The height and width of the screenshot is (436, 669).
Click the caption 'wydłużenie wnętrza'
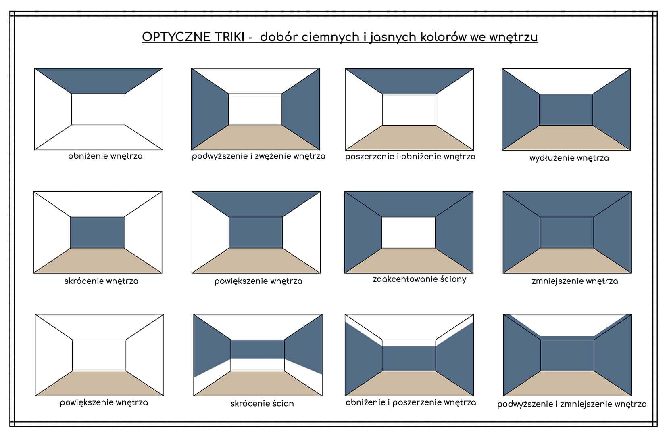coord(569,158)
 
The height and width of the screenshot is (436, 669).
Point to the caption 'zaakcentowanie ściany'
coord(419,279)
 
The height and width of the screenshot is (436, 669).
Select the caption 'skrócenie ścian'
coord(262,403)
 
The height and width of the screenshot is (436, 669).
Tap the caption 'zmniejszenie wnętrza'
coord(575,281)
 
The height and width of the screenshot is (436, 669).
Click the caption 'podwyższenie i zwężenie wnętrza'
coord(258,156)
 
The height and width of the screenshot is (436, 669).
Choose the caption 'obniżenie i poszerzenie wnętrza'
coord(411,402)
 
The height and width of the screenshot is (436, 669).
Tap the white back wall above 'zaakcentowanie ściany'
coord(408,232)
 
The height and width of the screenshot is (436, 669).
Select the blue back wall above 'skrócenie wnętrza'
coord(97,232)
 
